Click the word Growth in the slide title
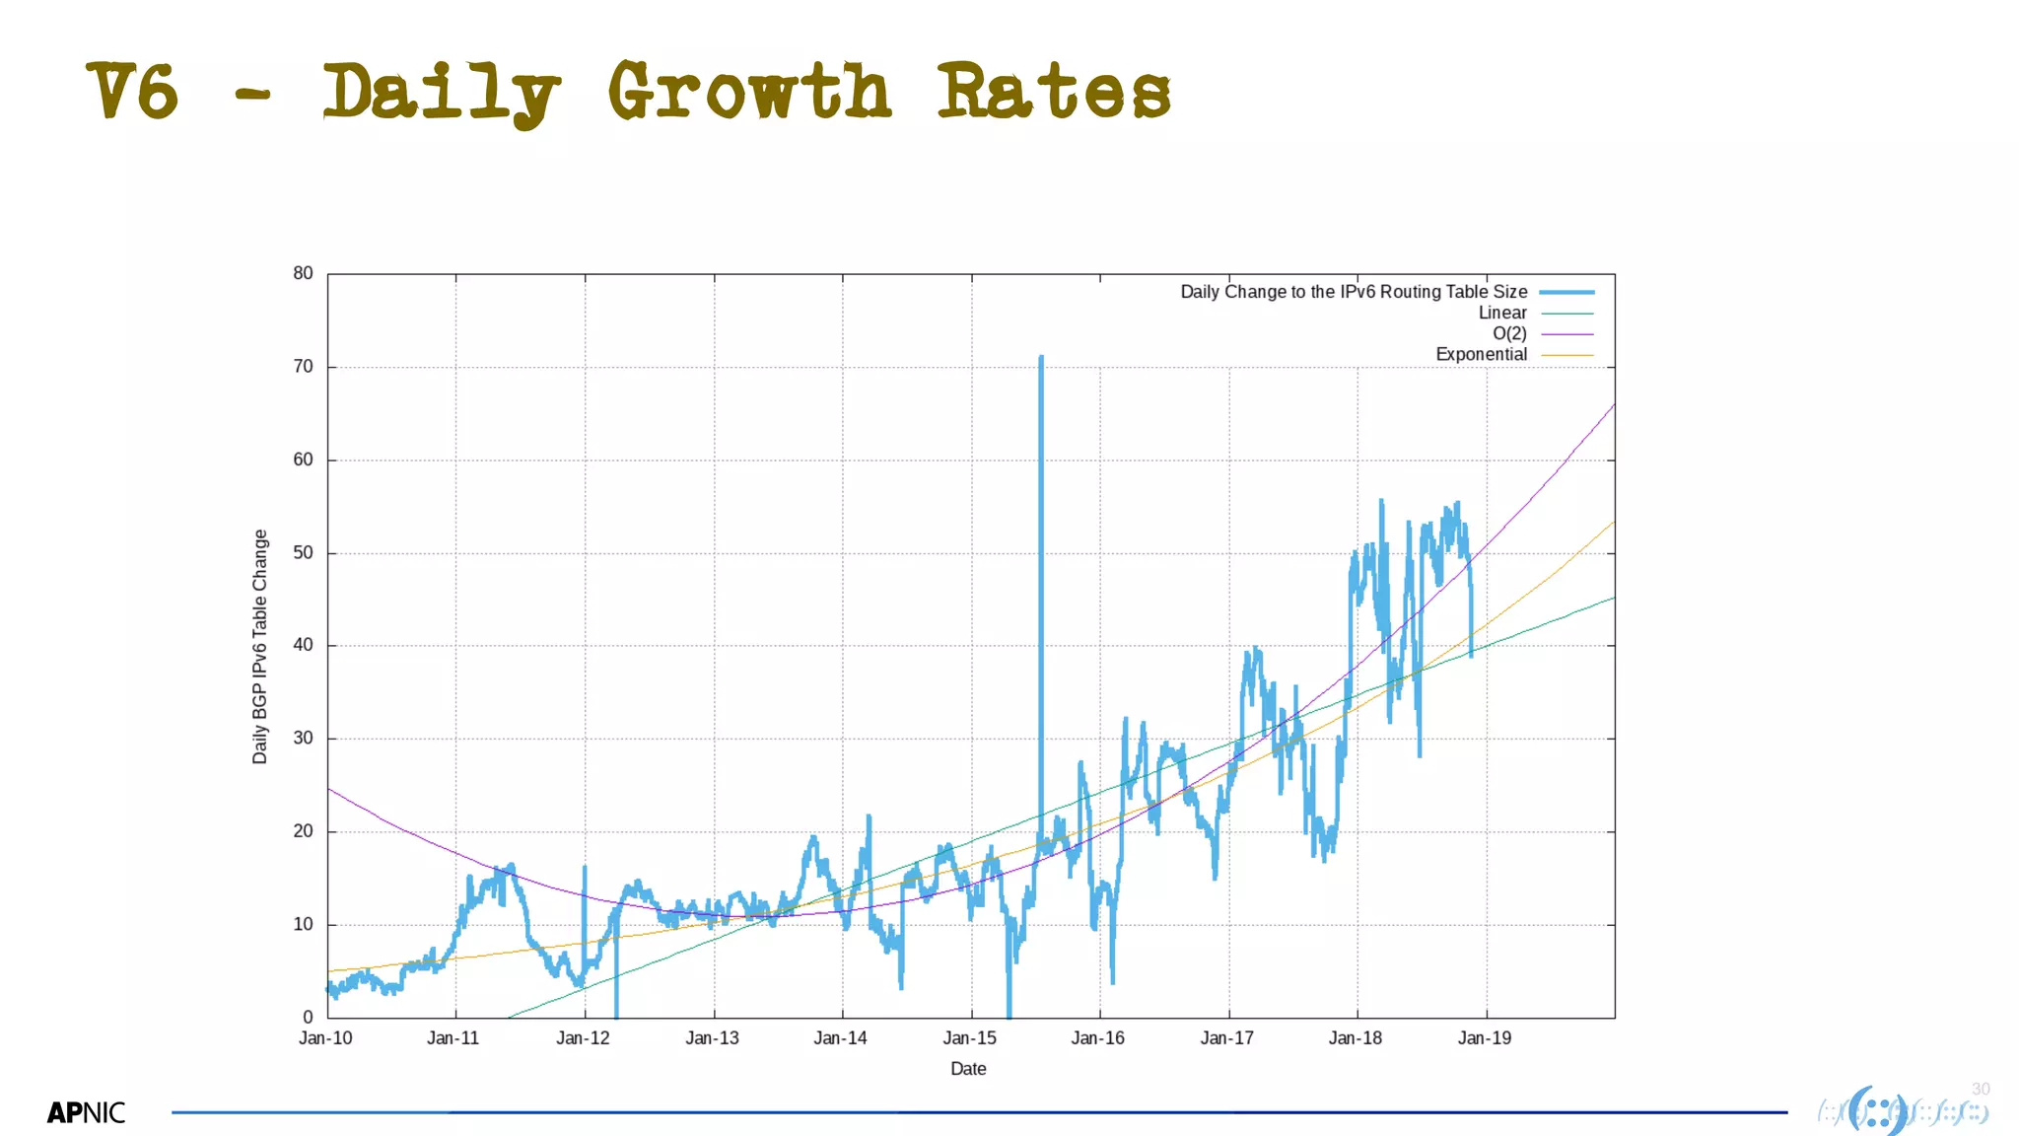tap(749, 91)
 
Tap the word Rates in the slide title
tap(1053, 91)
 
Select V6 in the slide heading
tap(133, 91)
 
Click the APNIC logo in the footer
tap(87, 1112)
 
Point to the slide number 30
tap(1981, 1089)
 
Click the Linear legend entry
tap(1501, 313)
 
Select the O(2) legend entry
tap(1508, 333)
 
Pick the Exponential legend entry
tap(1481, 354)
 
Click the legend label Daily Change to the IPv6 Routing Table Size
tap(1354, 292)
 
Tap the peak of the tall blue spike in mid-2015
tap(1041, 358)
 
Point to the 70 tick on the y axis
tap(303, 367)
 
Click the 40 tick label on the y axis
tap(303, 645)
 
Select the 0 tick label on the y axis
tap(308, 1017)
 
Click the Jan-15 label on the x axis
tap(969, 1038)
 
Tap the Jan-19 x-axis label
tap(1484, 1038)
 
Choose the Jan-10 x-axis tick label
tap(325, 1038)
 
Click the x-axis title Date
tap(968, 1069)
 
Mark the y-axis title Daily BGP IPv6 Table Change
tap(260, 646)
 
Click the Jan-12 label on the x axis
tap(583, 1038)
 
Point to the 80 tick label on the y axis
tap(303, 273)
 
